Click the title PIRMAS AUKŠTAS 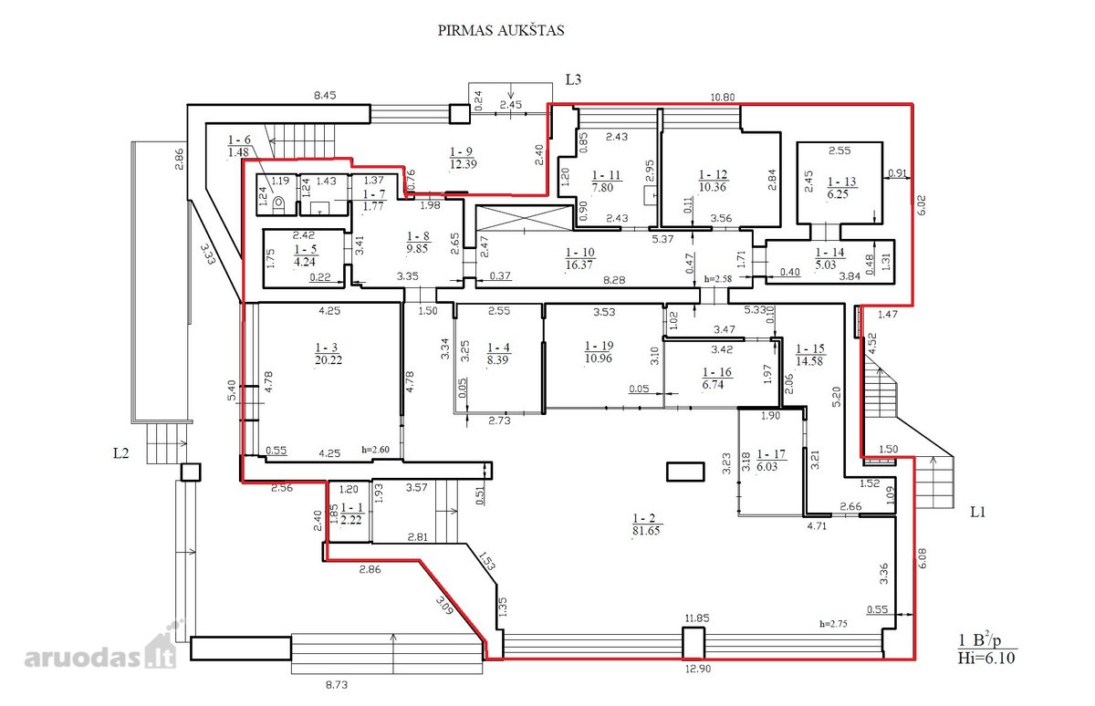(501, 30)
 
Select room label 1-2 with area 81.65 (646, 524)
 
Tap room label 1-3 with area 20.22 (328, 354)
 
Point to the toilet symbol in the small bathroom (278, 203)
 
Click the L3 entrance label (573, 79)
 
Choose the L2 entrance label (121, 453)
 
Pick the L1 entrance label (977, 512)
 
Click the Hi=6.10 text (986, 659)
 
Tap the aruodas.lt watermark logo (100, 646)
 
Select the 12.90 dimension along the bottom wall (697, 669)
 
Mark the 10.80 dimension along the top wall (722, 98)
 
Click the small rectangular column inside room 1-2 (685, 472)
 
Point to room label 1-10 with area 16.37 (579, 258)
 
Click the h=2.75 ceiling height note (833, 624)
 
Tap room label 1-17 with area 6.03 (771, 461)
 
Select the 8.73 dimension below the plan (337, 685)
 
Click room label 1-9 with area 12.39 (464, 158)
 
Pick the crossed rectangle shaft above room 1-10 (524, 218)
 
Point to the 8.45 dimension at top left (325, 95)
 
